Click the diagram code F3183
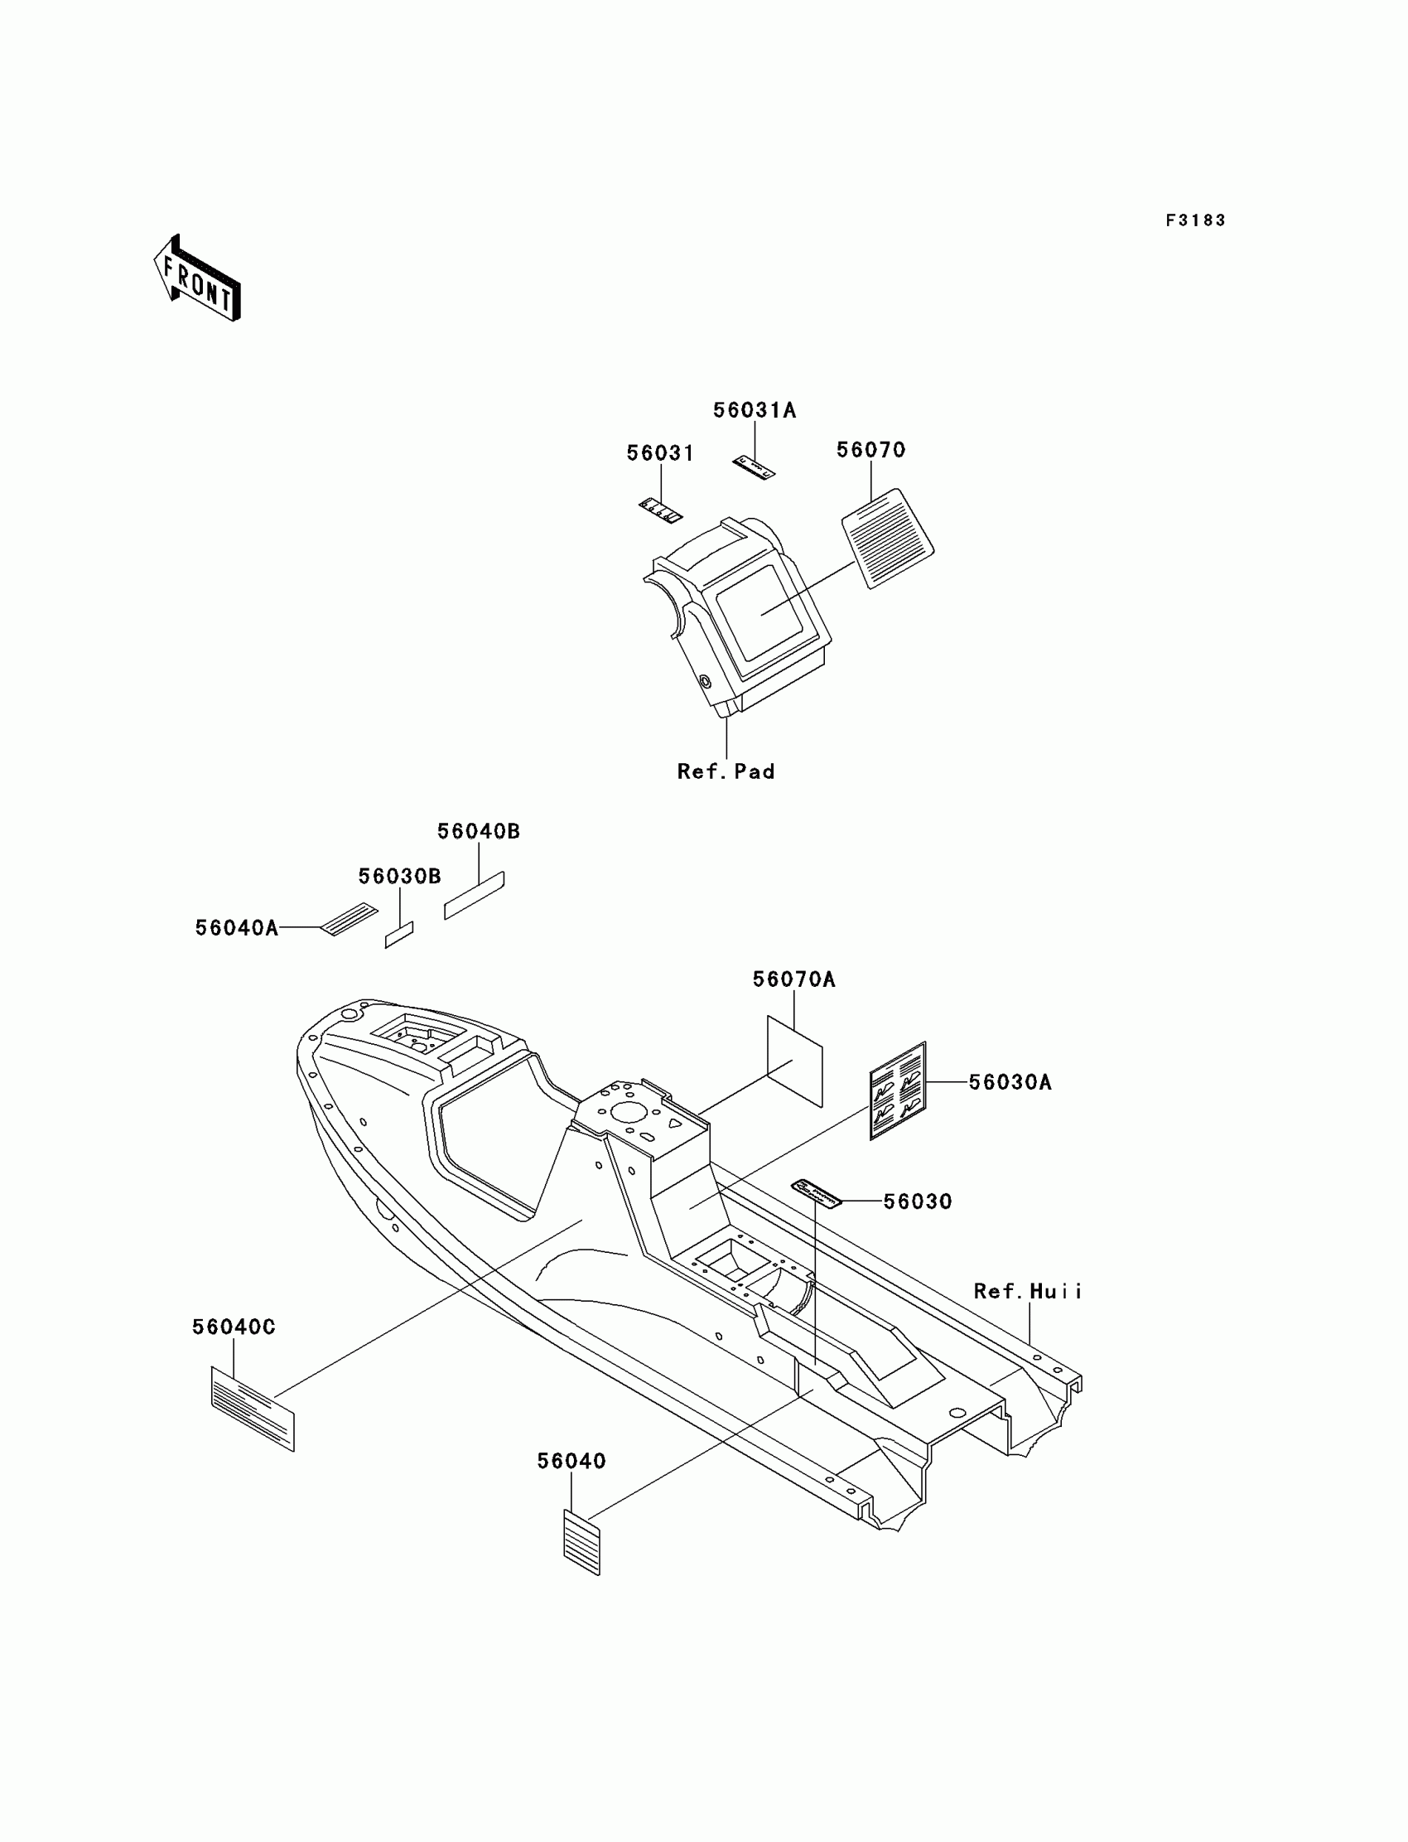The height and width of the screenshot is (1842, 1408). point(1195,220)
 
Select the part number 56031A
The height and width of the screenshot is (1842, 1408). point(755,410)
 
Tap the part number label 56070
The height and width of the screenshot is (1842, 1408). point(870,450)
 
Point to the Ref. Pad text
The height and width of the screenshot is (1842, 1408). point(726,771)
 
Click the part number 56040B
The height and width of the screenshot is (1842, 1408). point(479,831)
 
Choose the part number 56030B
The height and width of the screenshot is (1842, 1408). point(400,876)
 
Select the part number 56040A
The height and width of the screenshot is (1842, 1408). point(236,927)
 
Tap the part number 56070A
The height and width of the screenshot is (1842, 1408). point(793,979)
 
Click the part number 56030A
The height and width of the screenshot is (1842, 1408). point(1010,1082)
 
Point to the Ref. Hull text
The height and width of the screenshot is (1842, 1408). point(1028,1291)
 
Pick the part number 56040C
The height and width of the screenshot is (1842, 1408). point(234,1327)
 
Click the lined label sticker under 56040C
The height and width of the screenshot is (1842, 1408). point(253,1409)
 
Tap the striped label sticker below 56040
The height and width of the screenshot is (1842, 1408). point(581,1543)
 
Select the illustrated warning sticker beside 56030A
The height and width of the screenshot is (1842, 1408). point(898,1090)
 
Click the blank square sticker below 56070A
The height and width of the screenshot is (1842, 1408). point(795,1061)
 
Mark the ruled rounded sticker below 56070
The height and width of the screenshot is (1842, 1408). point(888,539)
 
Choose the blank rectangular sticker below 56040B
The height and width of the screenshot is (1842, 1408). point(475,896)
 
